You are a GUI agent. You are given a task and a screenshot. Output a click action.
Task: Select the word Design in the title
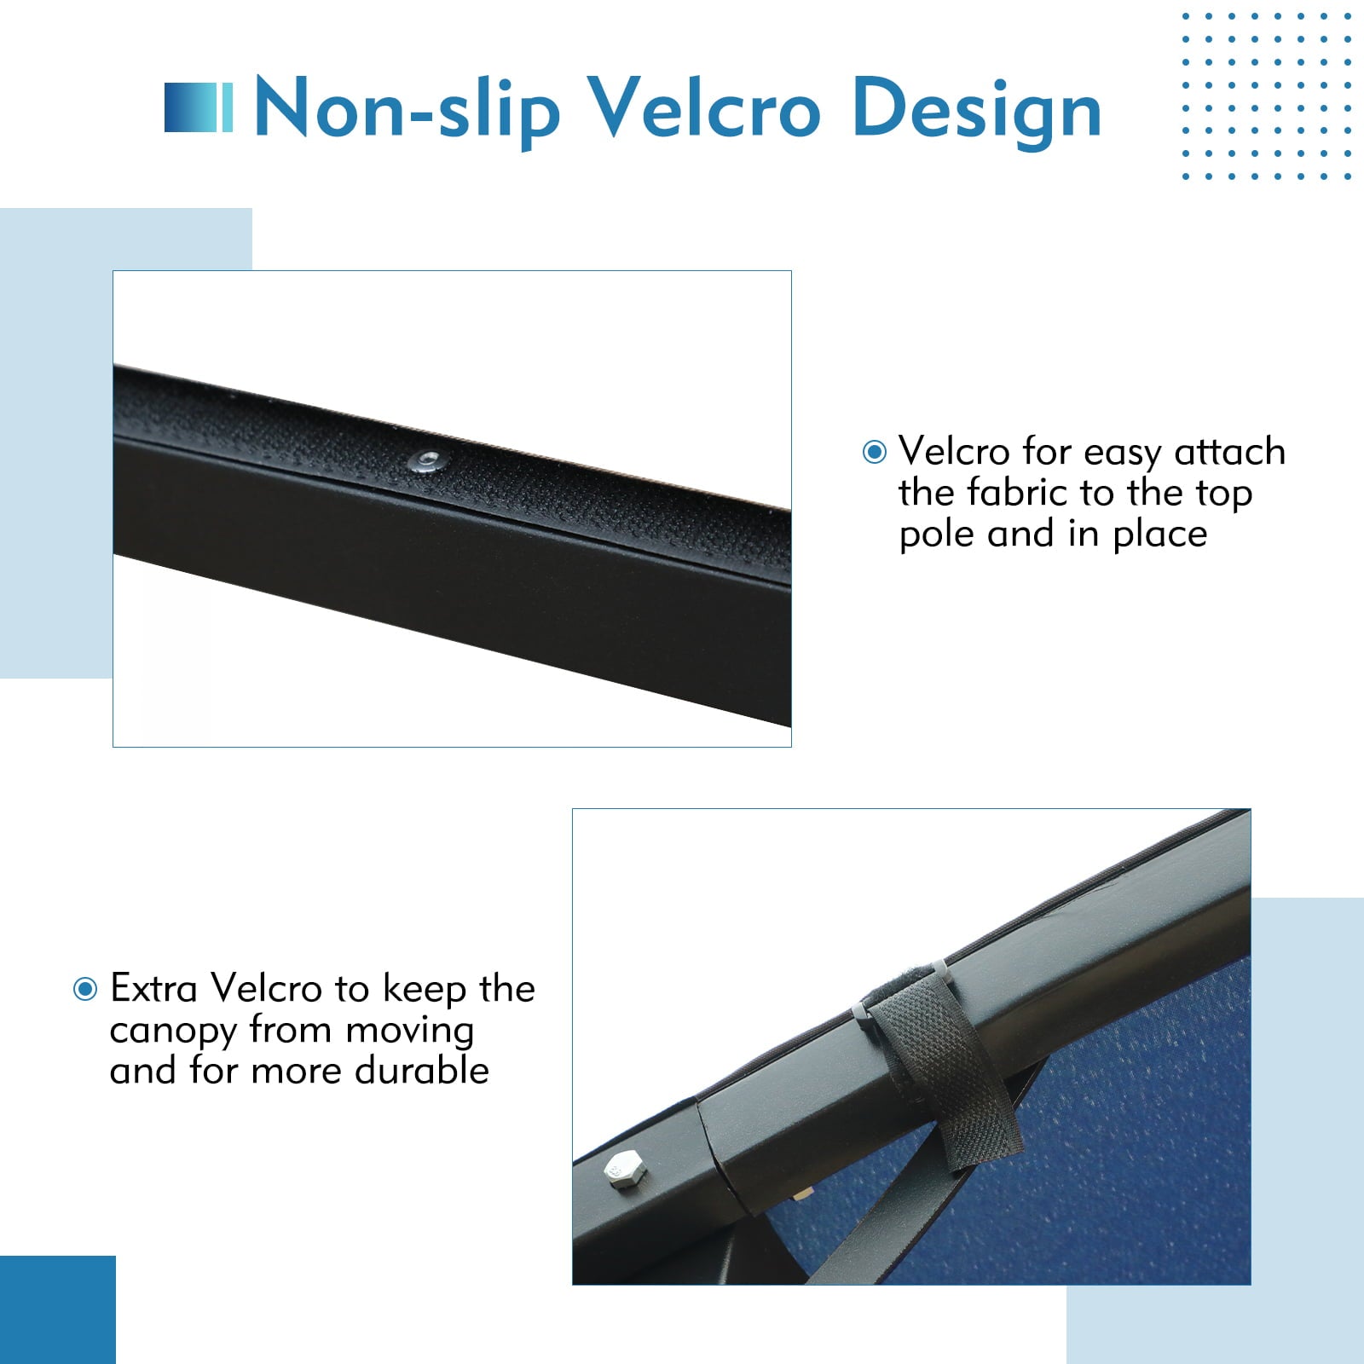(x=977, y=113)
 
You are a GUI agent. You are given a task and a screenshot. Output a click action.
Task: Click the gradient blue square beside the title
(x=198, y=107)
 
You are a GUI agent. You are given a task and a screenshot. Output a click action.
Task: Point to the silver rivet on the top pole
(x=425, y=462)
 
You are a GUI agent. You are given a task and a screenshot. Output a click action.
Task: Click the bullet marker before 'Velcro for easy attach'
(x=875, y=452)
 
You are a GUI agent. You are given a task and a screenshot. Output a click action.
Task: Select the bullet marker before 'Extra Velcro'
(x=85, y=989)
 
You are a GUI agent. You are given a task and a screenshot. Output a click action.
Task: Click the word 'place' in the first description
(x=1160, y=535)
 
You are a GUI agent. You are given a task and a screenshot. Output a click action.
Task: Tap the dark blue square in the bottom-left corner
(x=57, y=1309)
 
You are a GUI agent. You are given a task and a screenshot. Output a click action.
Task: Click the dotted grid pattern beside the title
(x=1266, y=95)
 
